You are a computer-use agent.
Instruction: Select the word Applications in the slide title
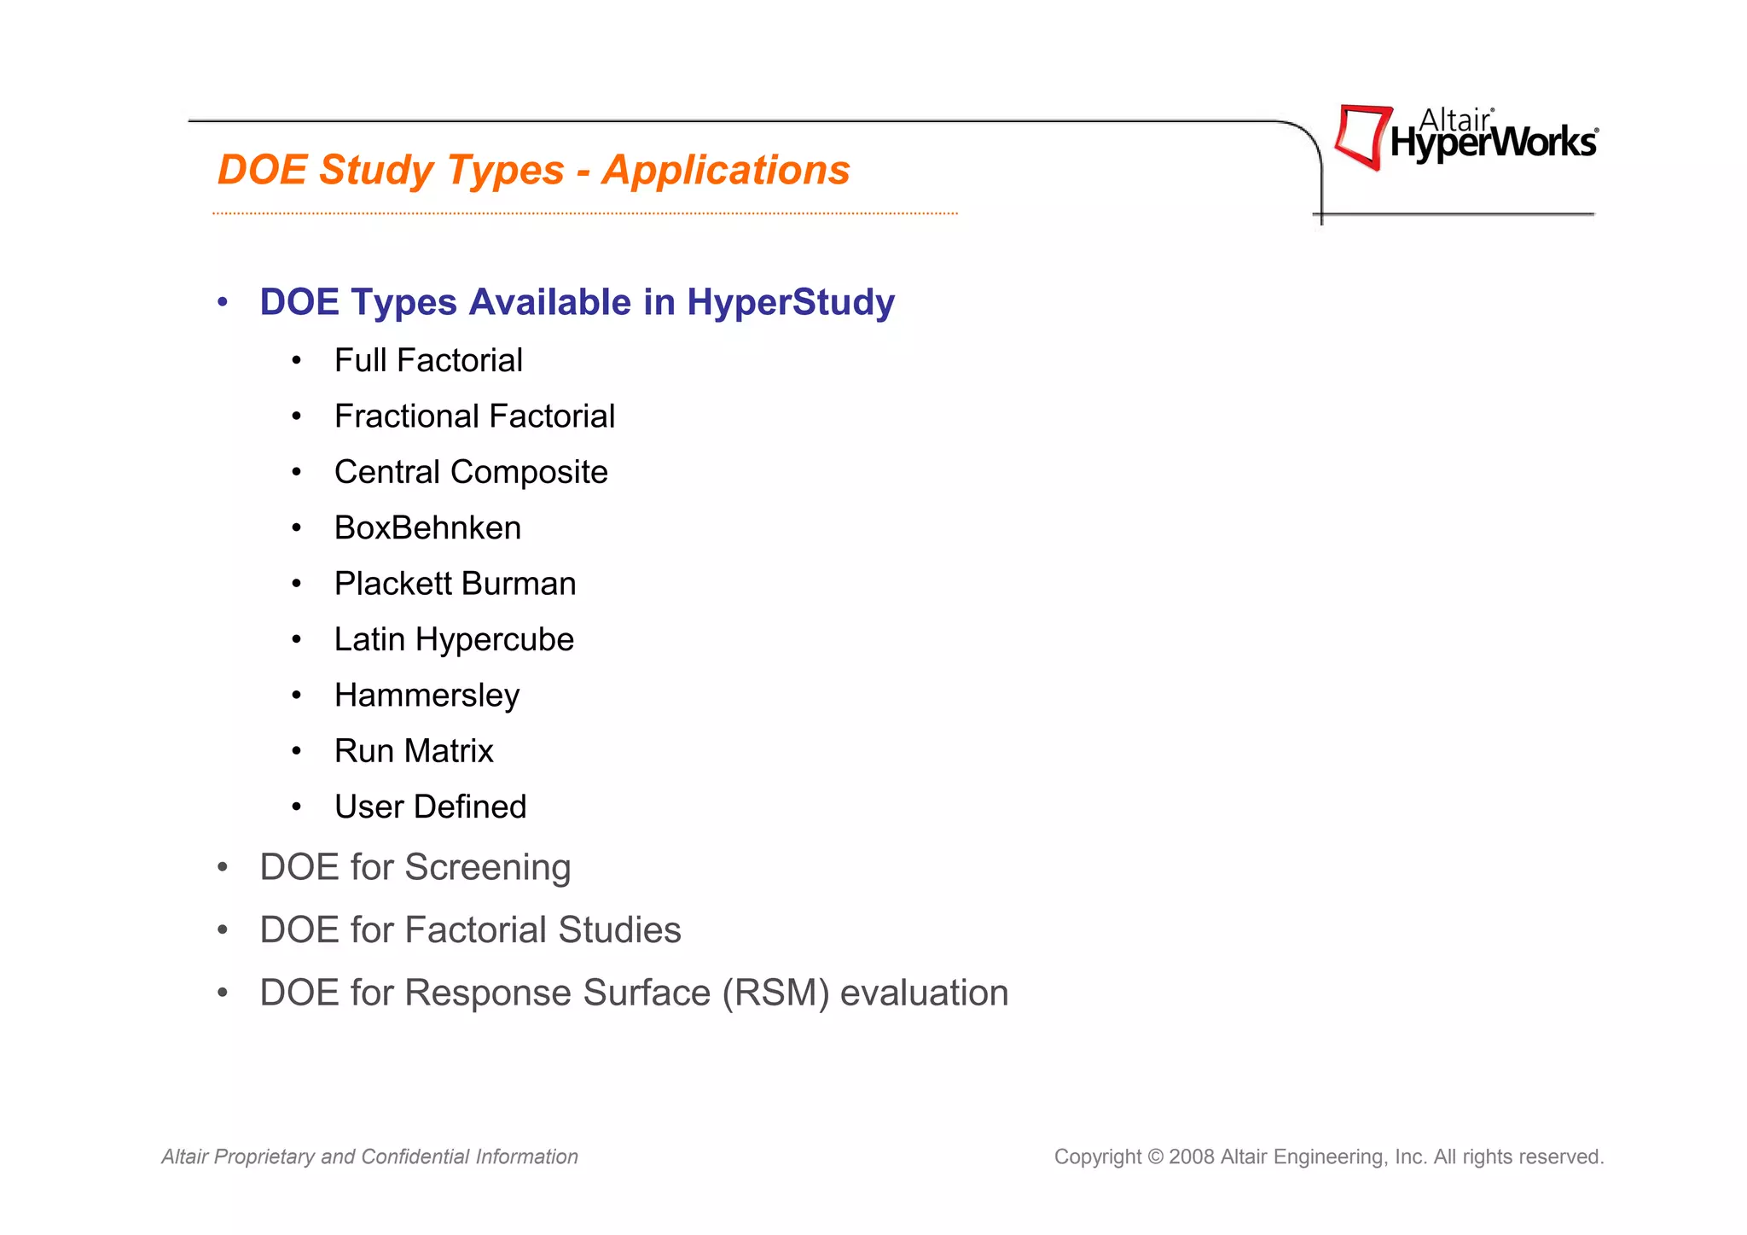[726, 170]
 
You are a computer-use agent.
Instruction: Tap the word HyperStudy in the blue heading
[791, 302]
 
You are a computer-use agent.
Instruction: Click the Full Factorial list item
[428, 361]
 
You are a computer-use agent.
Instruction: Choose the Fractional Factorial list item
[474, 417]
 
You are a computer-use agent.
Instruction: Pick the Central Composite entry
[471, 472]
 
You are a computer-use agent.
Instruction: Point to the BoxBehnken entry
[427, 528]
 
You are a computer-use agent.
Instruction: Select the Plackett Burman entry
[455, 584]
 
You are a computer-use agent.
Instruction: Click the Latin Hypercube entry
[454, 640]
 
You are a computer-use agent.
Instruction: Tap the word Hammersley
[427, 696]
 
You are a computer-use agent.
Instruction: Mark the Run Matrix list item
[414, 751]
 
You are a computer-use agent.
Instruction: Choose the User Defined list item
[430, 807]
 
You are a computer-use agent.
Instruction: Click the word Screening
[487, 868]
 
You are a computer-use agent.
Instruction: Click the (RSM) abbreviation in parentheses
[775, 993]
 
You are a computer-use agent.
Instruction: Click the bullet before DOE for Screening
[223, 868]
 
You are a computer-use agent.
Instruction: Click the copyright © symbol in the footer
[1155, 1157]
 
